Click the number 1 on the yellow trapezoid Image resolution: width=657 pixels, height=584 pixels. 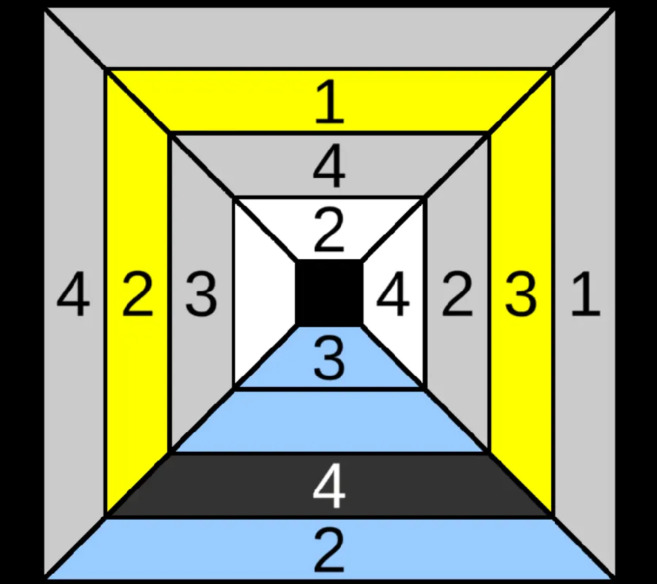tap(330, 103)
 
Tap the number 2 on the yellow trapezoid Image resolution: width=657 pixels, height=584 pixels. tap(137, 294)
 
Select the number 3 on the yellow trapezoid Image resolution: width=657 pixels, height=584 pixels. tap(520, 294)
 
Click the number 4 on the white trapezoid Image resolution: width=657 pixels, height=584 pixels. tap(393, 294)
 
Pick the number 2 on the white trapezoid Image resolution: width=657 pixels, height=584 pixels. tap(329, 231)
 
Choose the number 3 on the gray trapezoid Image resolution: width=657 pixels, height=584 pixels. tap(201, 294)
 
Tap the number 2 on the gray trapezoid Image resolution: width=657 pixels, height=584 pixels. tap(457, 294)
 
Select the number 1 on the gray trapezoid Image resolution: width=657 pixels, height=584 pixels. tap(585, 294)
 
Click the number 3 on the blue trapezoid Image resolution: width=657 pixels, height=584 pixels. tap(329, 359)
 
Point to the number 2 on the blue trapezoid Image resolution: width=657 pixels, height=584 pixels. tap(329, 550)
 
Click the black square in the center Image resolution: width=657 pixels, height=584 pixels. tap(329, 293)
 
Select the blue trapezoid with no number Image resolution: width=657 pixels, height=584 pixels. tap(329, 421)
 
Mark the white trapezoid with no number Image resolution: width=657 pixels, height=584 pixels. tap(264, 293)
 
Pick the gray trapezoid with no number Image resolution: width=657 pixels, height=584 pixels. tap(329, 37)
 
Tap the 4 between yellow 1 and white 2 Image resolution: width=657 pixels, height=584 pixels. tap(329, 166)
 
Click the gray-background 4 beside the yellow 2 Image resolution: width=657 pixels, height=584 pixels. tap(73, 294)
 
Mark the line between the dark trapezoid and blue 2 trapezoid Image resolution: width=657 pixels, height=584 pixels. tap(329, 518)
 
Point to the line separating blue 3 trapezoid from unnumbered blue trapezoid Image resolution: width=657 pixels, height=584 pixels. tap(329, 389)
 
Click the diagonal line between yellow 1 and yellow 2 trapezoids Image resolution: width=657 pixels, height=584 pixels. tap(137, 101)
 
